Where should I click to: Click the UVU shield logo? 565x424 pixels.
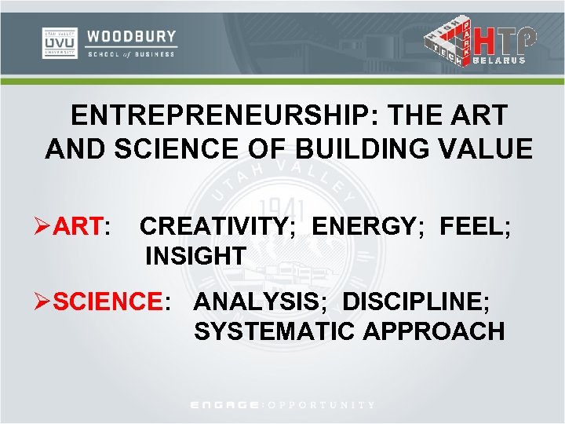point(59,43)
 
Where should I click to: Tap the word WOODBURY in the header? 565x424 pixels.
point(131,36)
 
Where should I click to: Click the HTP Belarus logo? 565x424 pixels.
point(480,42)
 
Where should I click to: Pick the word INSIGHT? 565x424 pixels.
point(195,256)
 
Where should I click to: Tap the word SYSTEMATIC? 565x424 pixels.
point(275,331)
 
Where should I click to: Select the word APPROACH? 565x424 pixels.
point(434,331)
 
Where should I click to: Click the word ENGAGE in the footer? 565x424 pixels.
point(226,405)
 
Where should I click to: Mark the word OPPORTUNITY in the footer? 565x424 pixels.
point(322,405)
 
